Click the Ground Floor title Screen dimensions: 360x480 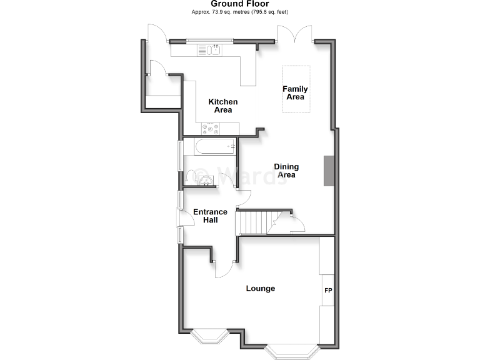[239, 4]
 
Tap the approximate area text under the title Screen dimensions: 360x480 [239, 12]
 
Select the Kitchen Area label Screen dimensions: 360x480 [223, 106]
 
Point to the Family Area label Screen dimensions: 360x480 [295, 92]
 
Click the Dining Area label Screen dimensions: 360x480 [286, 171]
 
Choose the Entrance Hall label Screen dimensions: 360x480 [210, 216]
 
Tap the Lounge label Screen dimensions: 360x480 [261, 289]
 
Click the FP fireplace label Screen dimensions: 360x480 [327, 291]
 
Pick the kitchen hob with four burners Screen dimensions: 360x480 [210, 129]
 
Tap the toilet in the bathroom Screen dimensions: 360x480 [204, 180]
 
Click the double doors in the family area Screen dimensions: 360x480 [294, 35]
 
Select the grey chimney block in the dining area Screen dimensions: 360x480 [328, 171]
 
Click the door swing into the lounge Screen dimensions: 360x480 [222, 269]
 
